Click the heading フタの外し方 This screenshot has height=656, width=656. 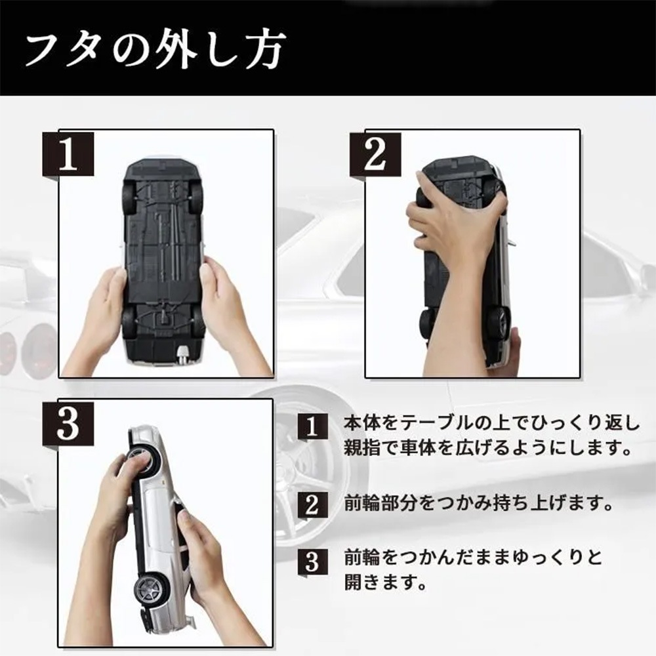tap(155, 51)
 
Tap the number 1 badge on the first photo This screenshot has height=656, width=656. tap(68, 154)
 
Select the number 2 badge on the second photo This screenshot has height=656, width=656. tap(375, 154)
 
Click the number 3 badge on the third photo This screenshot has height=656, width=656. tap(68, 423)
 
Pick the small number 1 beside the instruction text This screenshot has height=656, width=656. tap(312, 426)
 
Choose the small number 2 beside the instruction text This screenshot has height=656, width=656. tap(312, 505)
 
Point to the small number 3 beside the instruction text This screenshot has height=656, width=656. tap(312, 561)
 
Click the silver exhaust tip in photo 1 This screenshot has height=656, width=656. tap(183, 355)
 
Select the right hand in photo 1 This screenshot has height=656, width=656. tap(229, 318)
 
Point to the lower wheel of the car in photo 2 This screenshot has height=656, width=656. tap(502, 322)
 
